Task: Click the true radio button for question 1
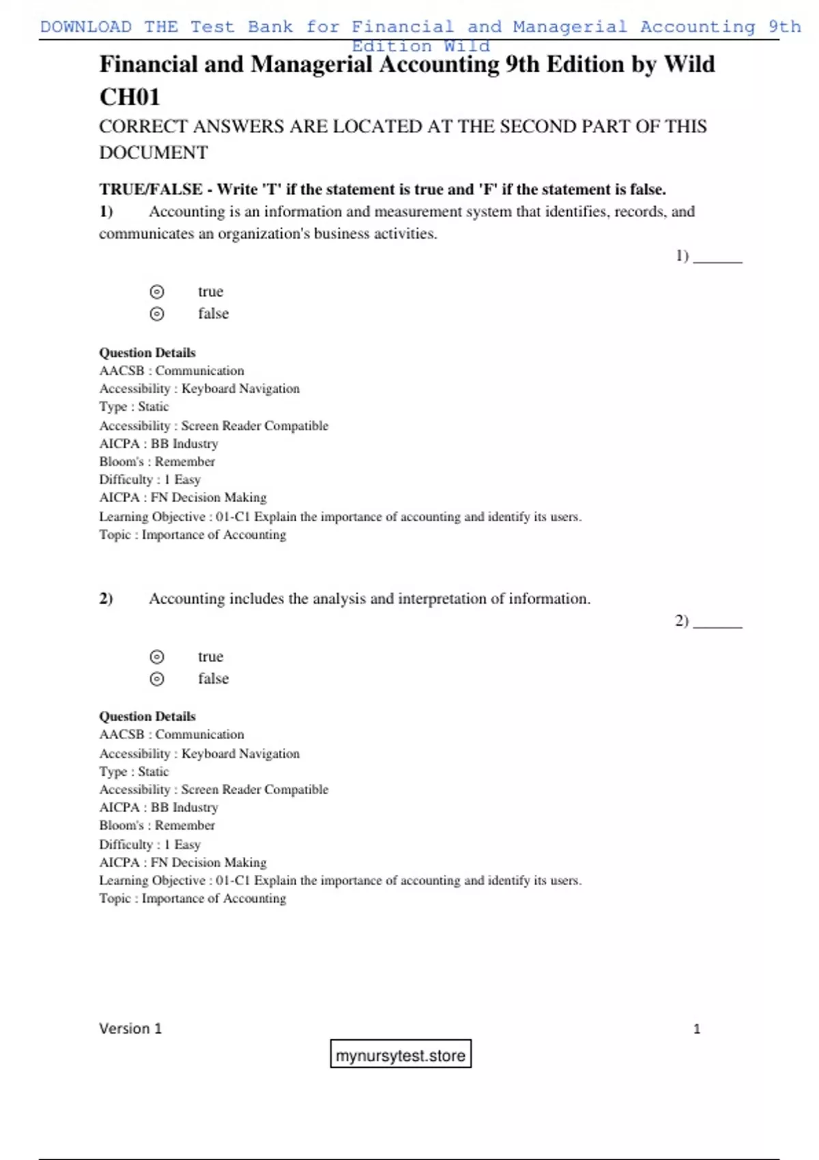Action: tap(157, 292)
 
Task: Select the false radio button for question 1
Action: tap(157, 314)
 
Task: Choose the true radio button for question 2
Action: tap(157, 657)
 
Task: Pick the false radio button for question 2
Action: tap(157, 679)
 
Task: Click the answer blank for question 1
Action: tap(717, 259)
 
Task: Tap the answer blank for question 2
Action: tap(717, 624)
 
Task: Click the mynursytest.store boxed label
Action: tap(401, 1055)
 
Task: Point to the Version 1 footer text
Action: tap(130, 1028)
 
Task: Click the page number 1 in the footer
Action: tap(697, 1029)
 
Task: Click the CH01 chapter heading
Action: tap(130, 97)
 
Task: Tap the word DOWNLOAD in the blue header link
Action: tap(86, 27)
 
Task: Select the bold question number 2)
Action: tap(106, 598)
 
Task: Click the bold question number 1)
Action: tap(106, 212)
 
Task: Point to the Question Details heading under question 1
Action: tap(147, 353)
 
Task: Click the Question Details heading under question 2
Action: tap(147, 716)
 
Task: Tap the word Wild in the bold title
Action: tap(689, 64)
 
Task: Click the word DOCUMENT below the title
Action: tap(154, 152)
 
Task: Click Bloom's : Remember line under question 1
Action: tap(157, 461)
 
